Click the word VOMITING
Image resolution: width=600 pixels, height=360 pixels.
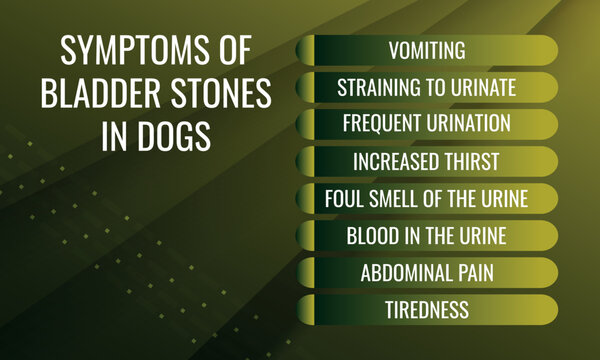pos(427,50)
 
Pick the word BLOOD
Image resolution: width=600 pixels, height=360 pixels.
pos(372,235)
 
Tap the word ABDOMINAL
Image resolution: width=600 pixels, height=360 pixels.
pos(404,272)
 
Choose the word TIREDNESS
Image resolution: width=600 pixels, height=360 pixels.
pos(427,309)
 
